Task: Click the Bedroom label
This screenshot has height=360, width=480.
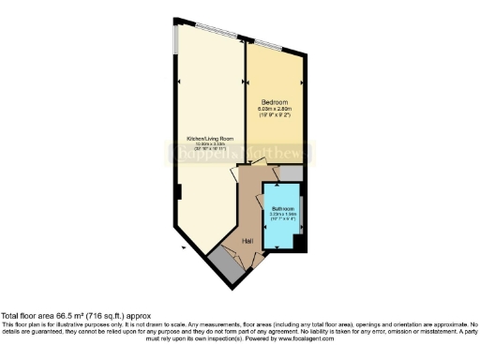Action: point(275,102)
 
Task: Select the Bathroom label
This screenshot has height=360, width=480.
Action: point(283,208)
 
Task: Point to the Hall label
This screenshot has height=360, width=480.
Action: point(248,241)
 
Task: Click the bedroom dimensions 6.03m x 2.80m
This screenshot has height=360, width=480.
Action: point(275,109)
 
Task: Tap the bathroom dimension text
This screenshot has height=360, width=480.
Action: point(283,215)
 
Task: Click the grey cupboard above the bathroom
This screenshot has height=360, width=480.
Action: point(289,173)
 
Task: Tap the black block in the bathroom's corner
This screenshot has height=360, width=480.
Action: point(299,241)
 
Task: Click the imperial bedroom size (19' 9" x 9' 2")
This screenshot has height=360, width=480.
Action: point(275,115)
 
